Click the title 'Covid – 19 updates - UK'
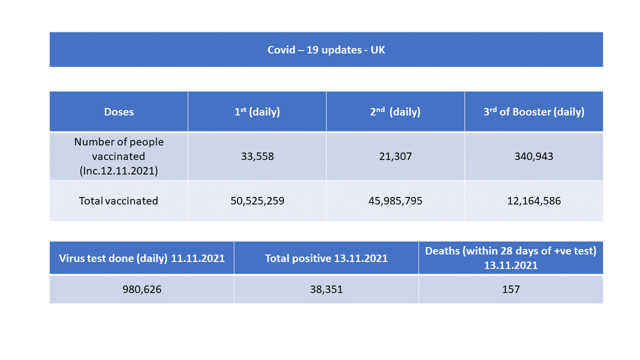pos(326,50)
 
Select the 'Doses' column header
pos(119,112)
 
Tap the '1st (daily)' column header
pos(257,112)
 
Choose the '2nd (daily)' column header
pos(395,112)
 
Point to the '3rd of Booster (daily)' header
pos(534,112)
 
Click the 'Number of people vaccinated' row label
pos(119,149)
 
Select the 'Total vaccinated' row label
pos(119,201)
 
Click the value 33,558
pos(257,156)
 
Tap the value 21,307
pos(395,156)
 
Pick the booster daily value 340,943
pos(534,156)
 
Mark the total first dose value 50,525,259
pos(257,201)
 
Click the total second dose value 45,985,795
pos(395,201)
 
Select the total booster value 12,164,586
pos(534,201)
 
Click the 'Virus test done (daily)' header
pos(142,258)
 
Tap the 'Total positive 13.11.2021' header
pos(326,258)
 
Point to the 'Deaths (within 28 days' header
pos(510,251)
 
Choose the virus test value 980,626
pos(142,289)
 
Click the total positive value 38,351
pos(326,289)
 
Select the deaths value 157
pos(510,289)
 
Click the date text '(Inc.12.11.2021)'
pos(119,171)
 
